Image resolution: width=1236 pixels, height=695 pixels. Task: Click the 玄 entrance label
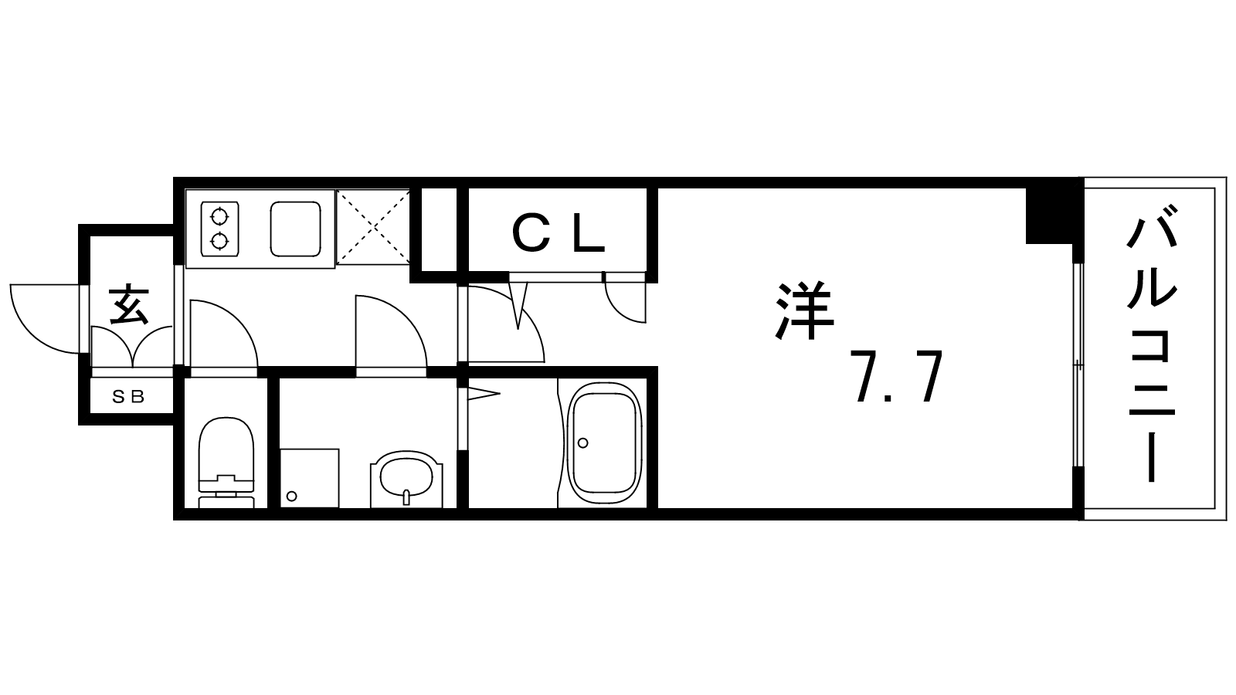click(128, 304)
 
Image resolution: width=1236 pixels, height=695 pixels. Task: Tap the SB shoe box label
click(128, 396)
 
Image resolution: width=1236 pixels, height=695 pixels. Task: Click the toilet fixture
click(226, 463)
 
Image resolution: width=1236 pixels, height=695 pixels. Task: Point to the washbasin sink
click(407, 479)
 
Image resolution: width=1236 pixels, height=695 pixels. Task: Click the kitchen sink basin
click(296, 229)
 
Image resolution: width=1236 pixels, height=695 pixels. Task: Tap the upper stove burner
click(219, 216)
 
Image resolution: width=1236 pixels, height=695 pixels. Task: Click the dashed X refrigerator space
click(373, 227)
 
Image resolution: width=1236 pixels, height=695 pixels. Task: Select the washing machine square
click(310, 478)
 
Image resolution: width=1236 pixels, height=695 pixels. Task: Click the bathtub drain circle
click(582, 442)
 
